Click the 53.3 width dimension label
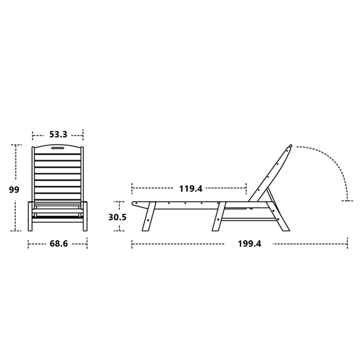point(58,134)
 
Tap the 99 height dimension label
point(14,190)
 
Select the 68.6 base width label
point(59,244)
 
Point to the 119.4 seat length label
point(191,189)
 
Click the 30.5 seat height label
point(117,217)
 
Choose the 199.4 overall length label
point(249,244)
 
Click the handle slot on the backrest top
point(58,148)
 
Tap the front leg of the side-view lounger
point(149,217)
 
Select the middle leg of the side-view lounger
point(219,217)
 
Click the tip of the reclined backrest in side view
point(291,146)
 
